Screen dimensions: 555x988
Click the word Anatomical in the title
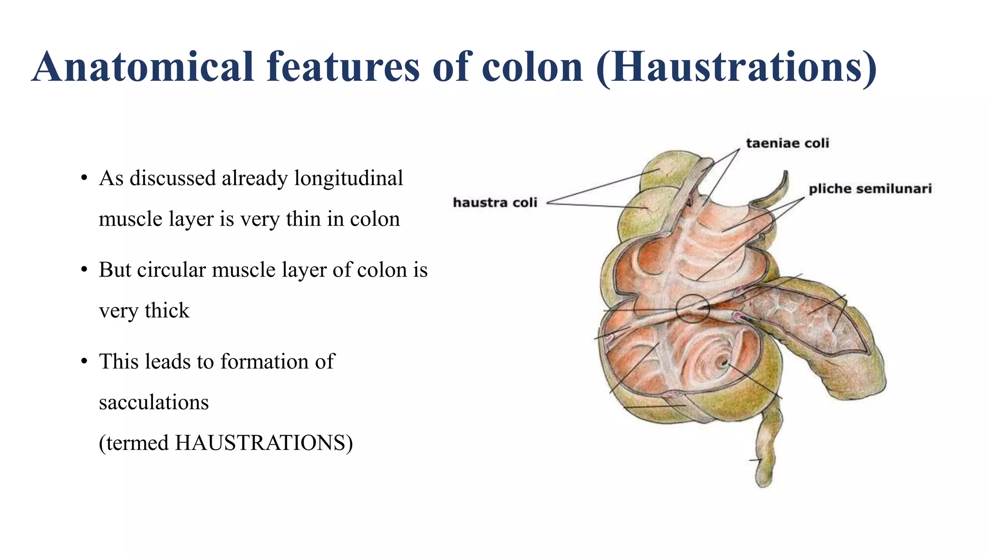pos(143,67)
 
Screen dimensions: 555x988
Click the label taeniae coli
pos(787,143)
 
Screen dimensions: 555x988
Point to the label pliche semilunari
pos(870,189)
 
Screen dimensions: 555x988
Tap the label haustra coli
pos(495,203)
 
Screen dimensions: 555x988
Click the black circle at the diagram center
pos(692,308)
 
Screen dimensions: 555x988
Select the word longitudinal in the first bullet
pos(348,178)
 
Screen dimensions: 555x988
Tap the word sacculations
pos(153,402)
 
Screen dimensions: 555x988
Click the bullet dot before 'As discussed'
pos(84,178)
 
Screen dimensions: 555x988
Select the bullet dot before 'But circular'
pos(84,270)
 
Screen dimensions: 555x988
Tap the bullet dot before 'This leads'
pos(84,361)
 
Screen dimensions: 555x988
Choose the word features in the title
pos(343,67)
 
